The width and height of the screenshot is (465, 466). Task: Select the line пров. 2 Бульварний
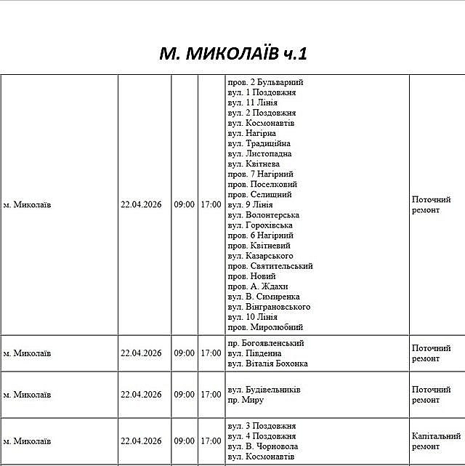coord(265,82)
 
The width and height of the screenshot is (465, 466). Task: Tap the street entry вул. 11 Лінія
coord(252,103)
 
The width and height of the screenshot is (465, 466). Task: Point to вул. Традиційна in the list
coord(259,143)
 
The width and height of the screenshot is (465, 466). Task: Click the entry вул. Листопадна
coord(259,153)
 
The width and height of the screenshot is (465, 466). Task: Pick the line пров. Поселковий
coord(262,184)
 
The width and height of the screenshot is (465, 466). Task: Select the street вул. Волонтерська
coord(263,214)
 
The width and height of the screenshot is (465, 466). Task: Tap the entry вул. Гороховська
coord(260,225)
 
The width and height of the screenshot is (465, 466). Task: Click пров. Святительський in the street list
coord(270,266)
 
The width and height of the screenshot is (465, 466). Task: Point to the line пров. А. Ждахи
coord(258,286)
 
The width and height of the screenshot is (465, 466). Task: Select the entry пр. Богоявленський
coord(266,343)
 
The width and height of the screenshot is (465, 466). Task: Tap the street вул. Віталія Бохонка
coord(267,363)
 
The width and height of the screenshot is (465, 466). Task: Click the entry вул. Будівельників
coord(264,390)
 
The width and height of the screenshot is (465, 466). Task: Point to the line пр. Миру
coord(246,400)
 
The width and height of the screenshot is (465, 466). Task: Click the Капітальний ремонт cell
coord(436,441)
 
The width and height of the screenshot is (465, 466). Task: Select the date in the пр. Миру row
coord(141,395)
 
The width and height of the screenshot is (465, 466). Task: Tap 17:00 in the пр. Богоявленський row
coord(211,353)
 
